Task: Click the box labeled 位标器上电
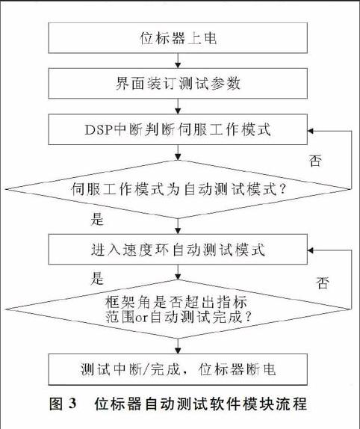tap(178, 38)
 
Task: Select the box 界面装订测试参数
tap(178, 83)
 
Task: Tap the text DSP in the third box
tap(99, 130)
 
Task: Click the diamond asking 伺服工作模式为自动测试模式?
tap(178, 189)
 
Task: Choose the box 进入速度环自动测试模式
tap(178, 249)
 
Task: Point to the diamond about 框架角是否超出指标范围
tap(178, 309)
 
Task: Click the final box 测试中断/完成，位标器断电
tap(178, 369)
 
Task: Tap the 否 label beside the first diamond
tap(315, 161)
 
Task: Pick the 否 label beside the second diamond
tap(323, 283)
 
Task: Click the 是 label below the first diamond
tap(97, 219)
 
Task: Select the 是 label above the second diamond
tap(97, 278)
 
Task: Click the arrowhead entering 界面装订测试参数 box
tap(178, 65)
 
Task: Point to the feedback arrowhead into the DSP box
tap(311, 131)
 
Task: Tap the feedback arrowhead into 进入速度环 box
tap(311, 250)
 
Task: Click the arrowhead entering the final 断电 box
tap(178, 351)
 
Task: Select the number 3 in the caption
tap(72, 404)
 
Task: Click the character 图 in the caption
tap(56, 404)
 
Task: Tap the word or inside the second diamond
tap(142, 318)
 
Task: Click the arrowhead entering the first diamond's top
tap(178, 157)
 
